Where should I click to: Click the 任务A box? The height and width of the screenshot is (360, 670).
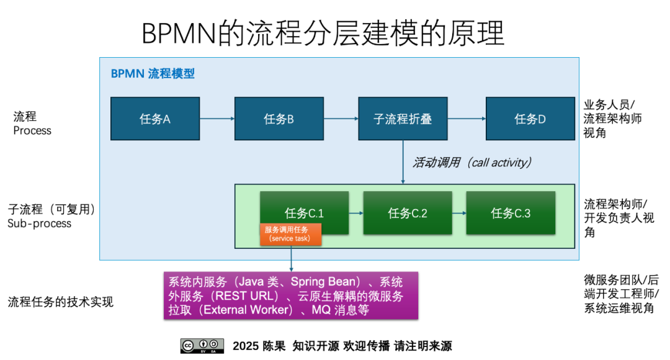pyautogui.click(x=155, y=119)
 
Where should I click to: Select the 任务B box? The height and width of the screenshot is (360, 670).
pyautogui.click(x=279, y=119)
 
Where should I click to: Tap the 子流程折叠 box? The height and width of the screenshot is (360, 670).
pyautogui.click(x=403, y=119)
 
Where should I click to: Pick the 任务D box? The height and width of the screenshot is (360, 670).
pyautogui.click(x=530, y=119)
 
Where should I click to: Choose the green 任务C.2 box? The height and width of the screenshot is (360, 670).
pyautogui.click(x=408, y=213)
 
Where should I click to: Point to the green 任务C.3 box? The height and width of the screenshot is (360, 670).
pyautogui.click(x=511, y=213)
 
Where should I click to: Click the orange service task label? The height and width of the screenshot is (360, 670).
pyautogui.click(x=290, y=234)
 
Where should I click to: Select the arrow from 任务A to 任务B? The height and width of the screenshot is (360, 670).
pyautogui.click(x=217, y=119)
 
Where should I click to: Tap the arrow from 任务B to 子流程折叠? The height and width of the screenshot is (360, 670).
pyautogui.click(x=341, y=119)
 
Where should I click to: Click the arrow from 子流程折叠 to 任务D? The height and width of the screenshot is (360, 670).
pyautogui.click(x=467, y=119)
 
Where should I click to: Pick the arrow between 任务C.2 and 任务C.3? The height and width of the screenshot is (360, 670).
pyautogui.click(x=459, y=213)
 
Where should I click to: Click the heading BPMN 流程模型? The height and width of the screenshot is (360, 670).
pyautogui.click(x=153, y=73)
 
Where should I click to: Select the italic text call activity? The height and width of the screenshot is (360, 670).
pyautogui.click(x=501, y=163)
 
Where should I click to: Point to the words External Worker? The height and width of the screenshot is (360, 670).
pyautogui.click(x=248, y=310)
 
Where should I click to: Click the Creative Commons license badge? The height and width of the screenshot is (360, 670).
pyautogui.click(x=202, y=344)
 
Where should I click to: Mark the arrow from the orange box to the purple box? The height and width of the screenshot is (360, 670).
pyautogui.click(x=291, y=258)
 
